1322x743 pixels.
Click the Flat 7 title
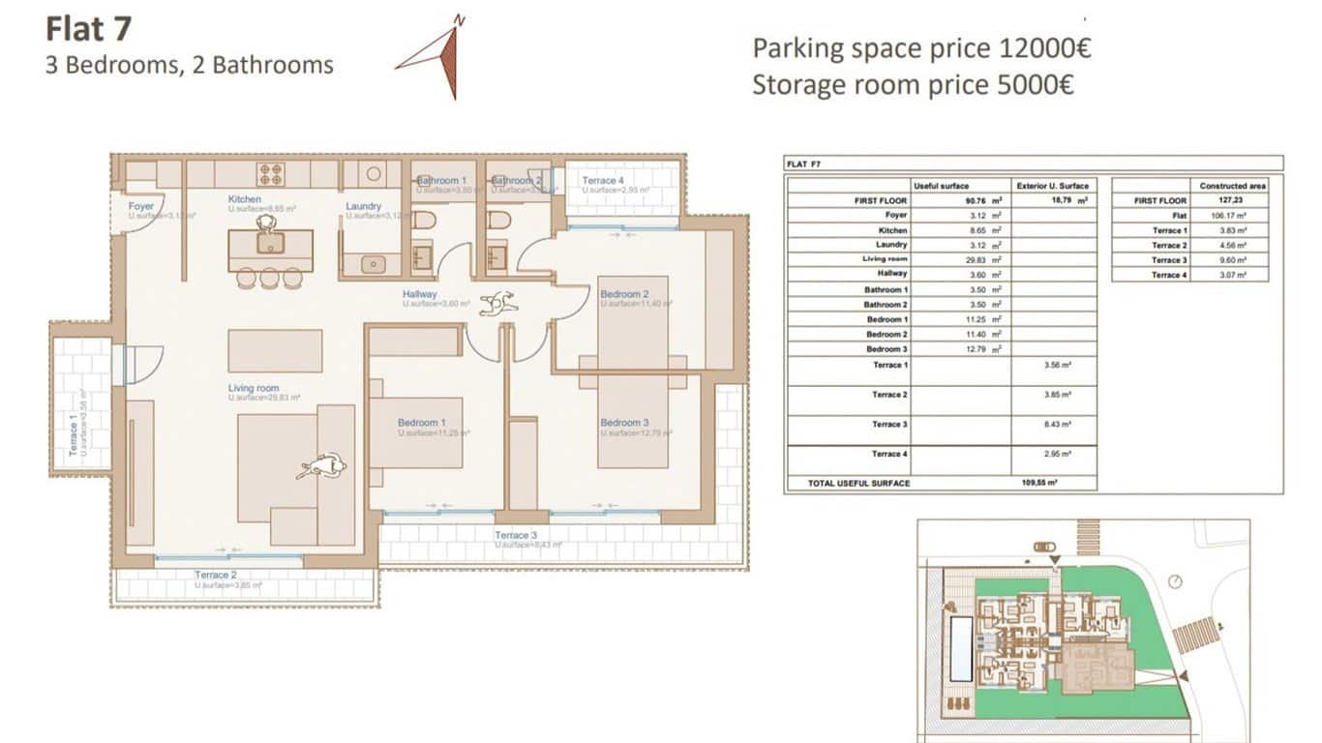(x=88, y=29)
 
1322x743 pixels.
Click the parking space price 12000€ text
(x=921, y=48)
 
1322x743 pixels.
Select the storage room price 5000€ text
(x=913, y=85)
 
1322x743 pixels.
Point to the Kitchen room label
(x=245, y=199)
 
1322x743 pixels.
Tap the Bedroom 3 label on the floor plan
(x=624, y=423)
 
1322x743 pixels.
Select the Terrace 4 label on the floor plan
(x=603, y=181)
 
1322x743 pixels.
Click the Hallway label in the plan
(x=420, y=294)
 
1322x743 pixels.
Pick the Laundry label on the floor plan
(x=363, y=206)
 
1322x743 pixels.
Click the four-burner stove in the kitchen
(x=271, y=174)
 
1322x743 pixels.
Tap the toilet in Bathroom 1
(x=423, y=221)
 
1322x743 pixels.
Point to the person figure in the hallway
(x=498, y=304)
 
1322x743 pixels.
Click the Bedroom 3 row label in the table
(x=886, y=348)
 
